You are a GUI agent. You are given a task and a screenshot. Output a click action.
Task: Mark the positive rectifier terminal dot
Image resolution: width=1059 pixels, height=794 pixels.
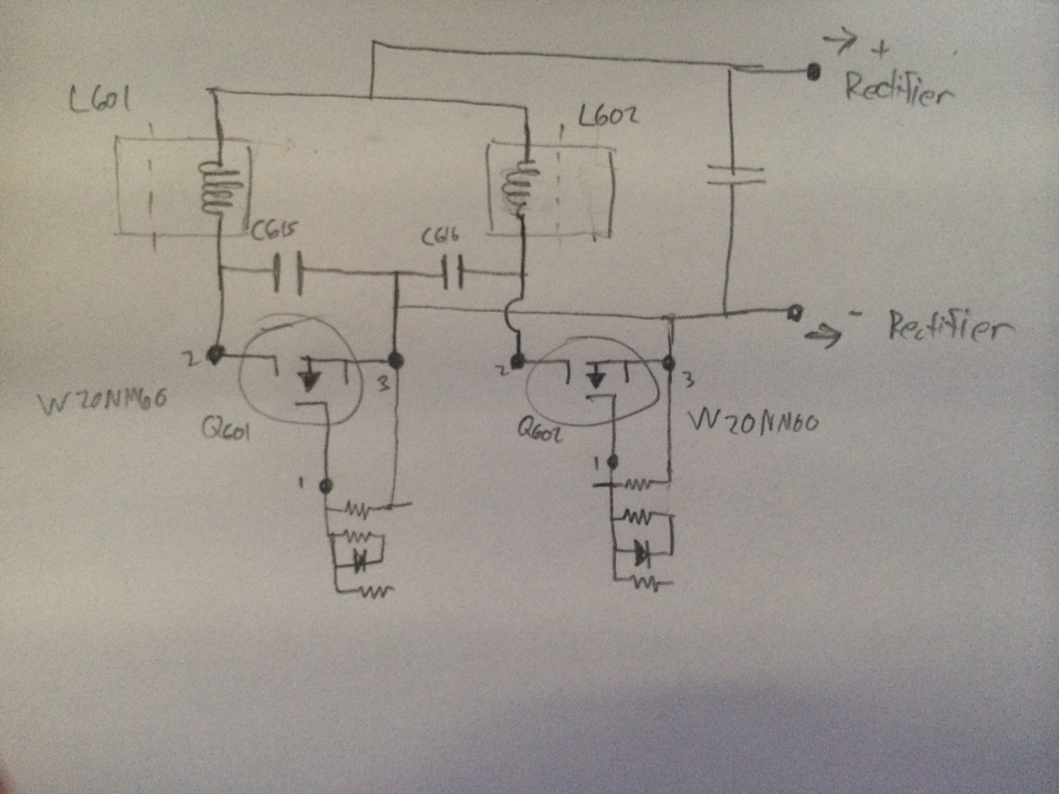pyautogui.click(x=812, y=72)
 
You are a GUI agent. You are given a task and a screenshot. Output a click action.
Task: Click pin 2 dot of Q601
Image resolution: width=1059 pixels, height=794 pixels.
pyautogui.click(x=214, y=354)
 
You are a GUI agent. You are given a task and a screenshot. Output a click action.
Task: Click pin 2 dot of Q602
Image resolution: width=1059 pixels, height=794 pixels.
pyautogui.click(x=517, y=360)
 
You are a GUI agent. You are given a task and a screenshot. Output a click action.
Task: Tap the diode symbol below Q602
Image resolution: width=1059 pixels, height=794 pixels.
pyautogui.click(x=643, y=554)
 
